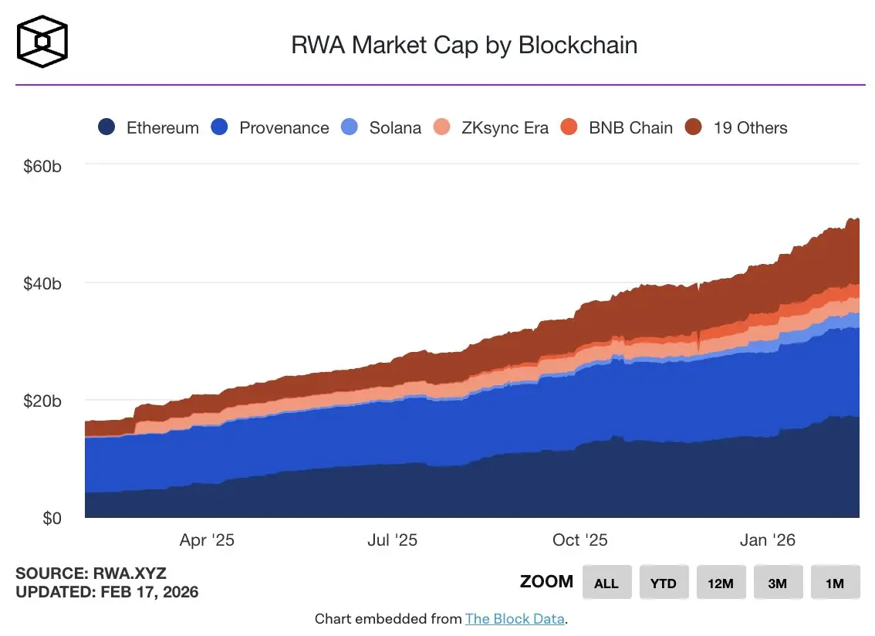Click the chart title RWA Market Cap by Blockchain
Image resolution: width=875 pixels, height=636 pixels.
[x=464, y=45]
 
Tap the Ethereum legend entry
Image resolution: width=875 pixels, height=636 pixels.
[x=149, y=127]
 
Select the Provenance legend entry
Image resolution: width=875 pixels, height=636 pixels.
[x=271, y=127]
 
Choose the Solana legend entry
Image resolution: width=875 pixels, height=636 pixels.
[x=382, y=127]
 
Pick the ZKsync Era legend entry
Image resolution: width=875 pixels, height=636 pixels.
[x=492, y=127]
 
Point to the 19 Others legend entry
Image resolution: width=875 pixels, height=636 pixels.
[x=738, y=127]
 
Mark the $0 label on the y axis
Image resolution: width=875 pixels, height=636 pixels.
[x=51, y=518]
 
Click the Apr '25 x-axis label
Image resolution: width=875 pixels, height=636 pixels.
[x=207, y=540]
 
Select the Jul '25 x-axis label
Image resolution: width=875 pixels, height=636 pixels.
[x=392, y=540]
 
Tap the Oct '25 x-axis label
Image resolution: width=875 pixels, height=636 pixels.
[x=580, y=540]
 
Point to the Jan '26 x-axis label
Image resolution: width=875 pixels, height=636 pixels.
[x=768, y=540]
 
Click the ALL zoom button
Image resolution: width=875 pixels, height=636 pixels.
[x=606, y=583]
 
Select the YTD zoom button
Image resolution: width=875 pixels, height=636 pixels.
[x=664, y=583]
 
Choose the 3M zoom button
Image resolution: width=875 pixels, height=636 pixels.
[x=778, y=583]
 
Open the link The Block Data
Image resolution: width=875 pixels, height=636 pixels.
[x=515, y=619]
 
